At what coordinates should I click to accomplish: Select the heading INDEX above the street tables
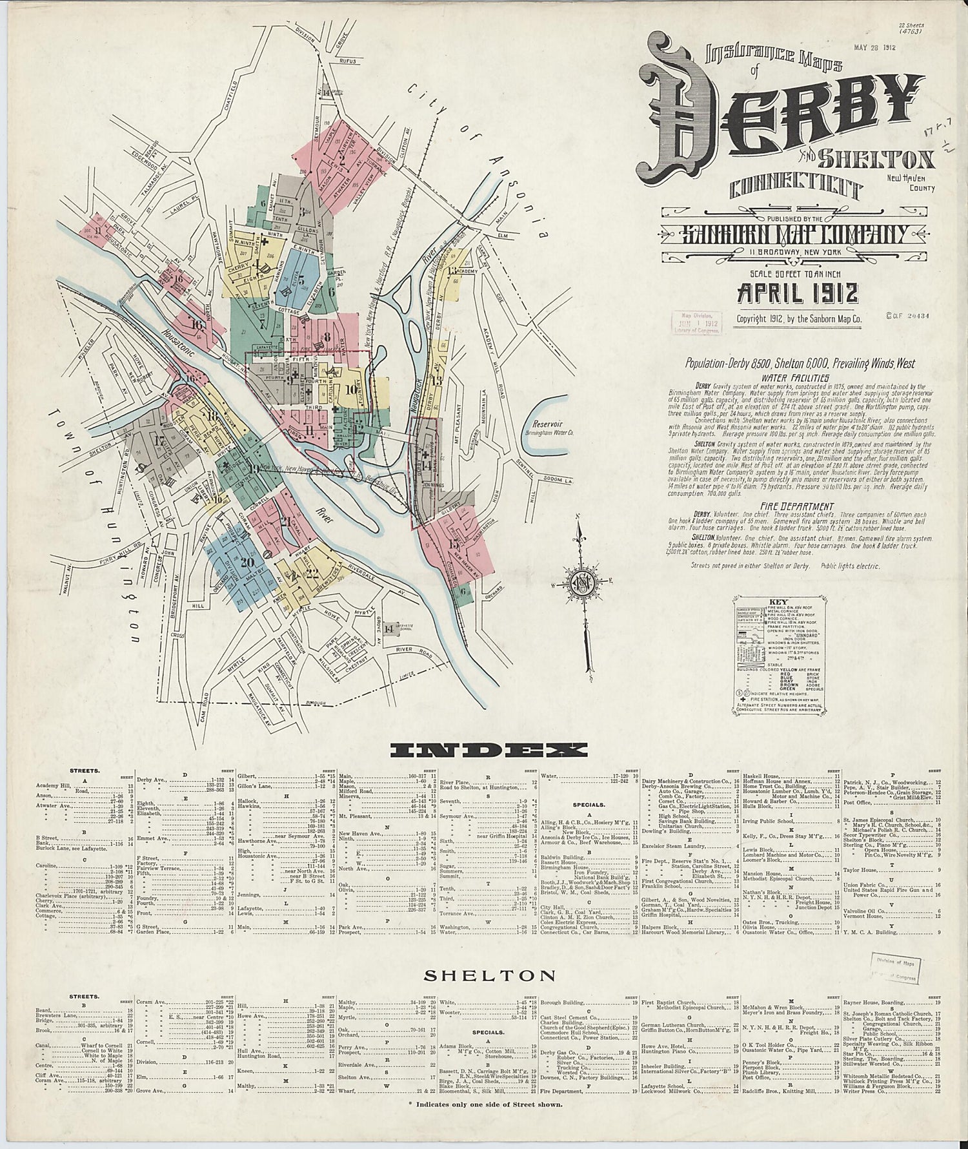coord(489,749)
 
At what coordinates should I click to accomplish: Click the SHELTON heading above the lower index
coord(488,975)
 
